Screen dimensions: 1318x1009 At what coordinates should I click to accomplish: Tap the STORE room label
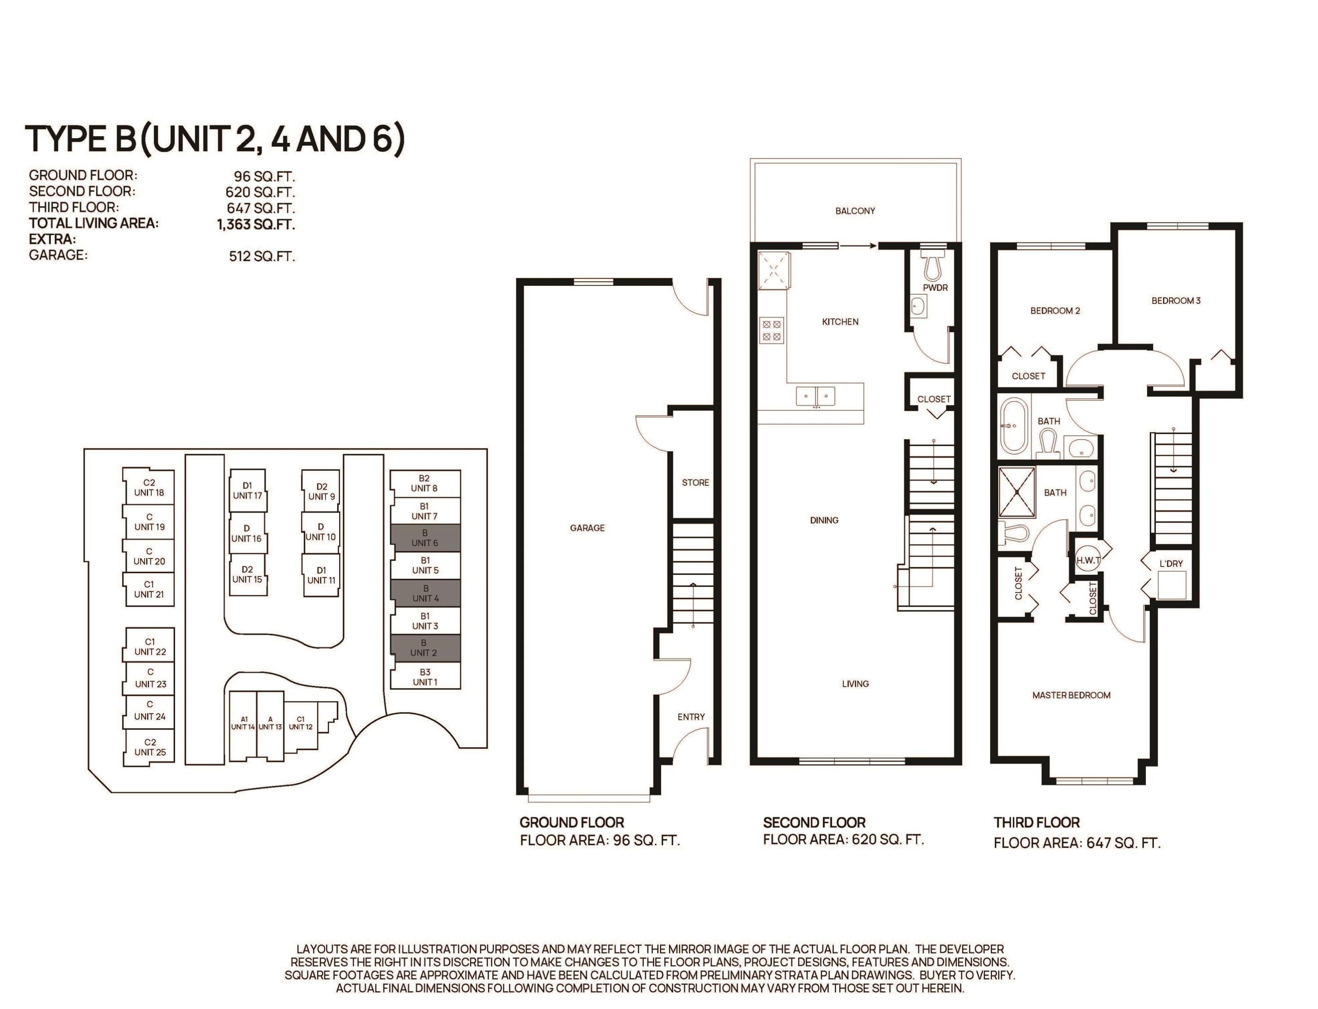pyautogui.click(x=695, y=482)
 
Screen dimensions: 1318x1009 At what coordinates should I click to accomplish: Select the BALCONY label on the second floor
pyautogui.click(x=855, y=211)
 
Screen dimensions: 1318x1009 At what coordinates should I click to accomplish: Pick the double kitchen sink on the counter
pyautogui.click(x=815, y=396)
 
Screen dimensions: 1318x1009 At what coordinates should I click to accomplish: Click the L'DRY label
pyautogui.click(x=1171, y=563)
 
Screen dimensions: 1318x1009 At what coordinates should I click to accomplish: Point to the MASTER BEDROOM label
pyautogui.click(x=1071, y=695)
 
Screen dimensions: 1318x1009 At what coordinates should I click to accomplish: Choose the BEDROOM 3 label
pyautogui.click(x=1176, y=300)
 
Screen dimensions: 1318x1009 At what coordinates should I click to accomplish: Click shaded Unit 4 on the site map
pyautogui.click(x=425, y=593)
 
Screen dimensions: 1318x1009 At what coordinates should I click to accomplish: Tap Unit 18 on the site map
pyautogui.click(x=148, y=488)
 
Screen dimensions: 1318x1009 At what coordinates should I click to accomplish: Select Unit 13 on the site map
pyautogui.click(x=270, y=726)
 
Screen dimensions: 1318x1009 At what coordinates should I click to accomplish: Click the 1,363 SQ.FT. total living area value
pyautogui.click(x=256, y=224)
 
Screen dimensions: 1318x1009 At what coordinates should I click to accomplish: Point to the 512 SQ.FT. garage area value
pyautogui.click(x=262, y=257)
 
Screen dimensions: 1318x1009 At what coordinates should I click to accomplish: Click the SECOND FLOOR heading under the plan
pyautogui.click(x=814, y=822)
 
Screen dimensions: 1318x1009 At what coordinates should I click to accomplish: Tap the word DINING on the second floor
pyautogui.click(x=824, y=520)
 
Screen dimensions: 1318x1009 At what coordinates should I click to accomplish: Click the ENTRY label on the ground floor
pyautogui.click(x=691, y=716)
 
